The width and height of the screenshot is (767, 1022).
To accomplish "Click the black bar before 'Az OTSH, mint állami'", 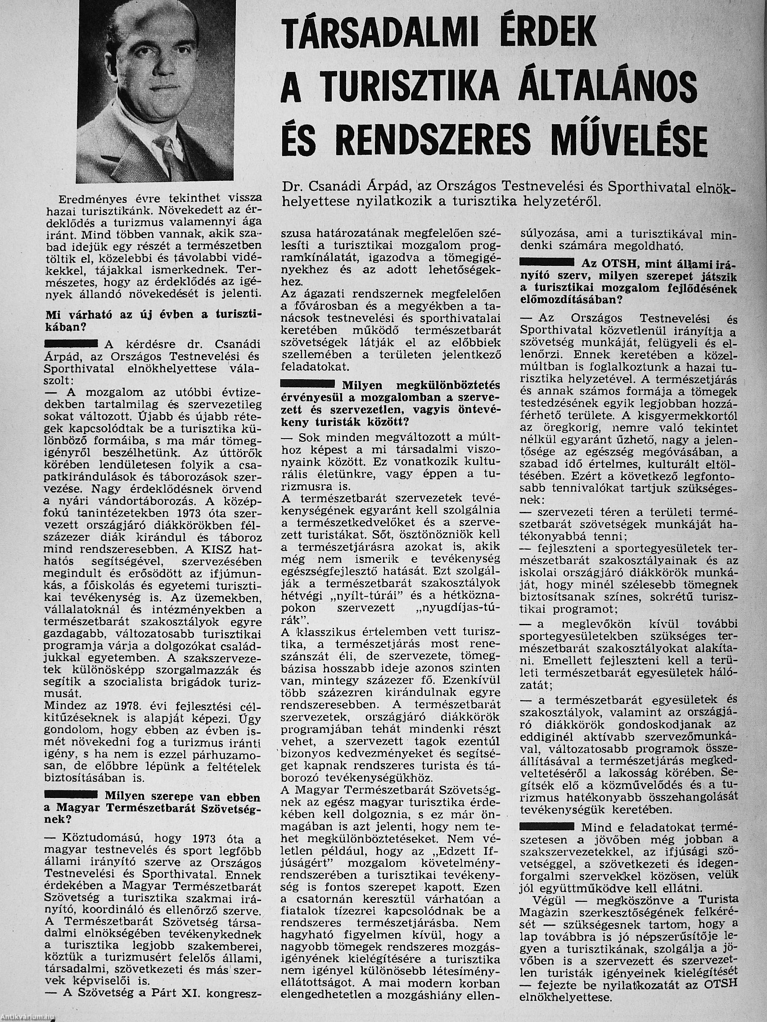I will (x=548, y=262).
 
